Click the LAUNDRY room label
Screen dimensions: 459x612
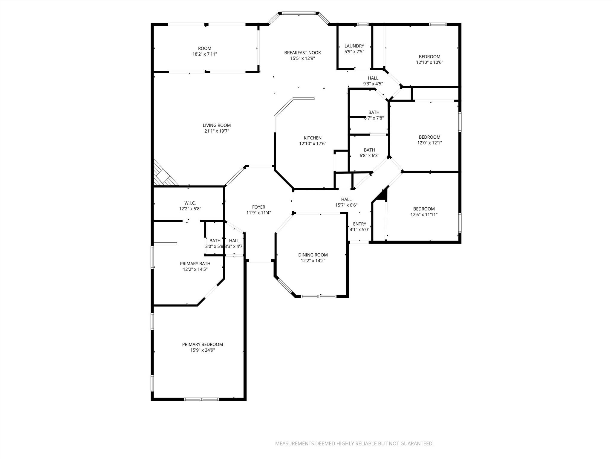click(354, 46)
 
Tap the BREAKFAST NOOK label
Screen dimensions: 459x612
click(302, 53)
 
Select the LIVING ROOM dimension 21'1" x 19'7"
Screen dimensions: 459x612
click(217, 131)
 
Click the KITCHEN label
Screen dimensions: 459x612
click(313, 138)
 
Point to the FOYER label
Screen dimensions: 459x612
click(258, 207)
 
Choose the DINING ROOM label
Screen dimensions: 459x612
click(313, 255)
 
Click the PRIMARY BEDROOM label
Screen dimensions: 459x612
click(203, 344)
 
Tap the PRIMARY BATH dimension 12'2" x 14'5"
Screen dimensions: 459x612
click(195, 269)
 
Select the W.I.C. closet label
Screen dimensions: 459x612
click(190, 203)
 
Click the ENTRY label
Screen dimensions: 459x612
click(359, 224)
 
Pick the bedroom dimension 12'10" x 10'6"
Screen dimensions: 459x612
click(429, 62)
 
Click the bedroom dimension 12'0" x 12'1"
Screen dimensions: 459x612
click(429, 143)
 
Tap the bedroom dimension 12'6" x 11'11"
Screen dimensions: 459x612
click(424, 215)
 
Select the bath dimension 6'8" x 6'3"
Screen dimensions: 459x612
click(369, 155)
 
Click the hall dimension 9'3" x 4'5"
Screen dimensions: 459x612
click(373, 84)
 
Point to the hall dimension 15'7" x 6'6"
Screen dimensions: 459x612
click(346, 205)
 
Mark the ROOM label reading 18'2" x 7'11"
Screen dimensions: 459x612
click(205, 48)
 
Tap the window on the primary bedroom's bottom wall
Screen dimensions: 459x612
click(201, 399)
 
